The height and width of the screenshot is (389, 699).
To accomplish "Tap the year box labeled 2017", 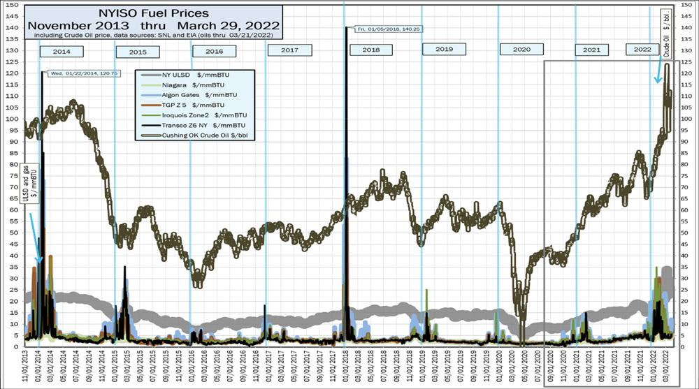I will point(289,50).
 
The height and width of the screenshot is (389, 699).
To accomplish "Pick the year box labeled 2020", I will point(517,50).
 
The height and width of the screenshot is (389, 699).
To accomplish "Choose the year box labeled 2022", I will point(642,50).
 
